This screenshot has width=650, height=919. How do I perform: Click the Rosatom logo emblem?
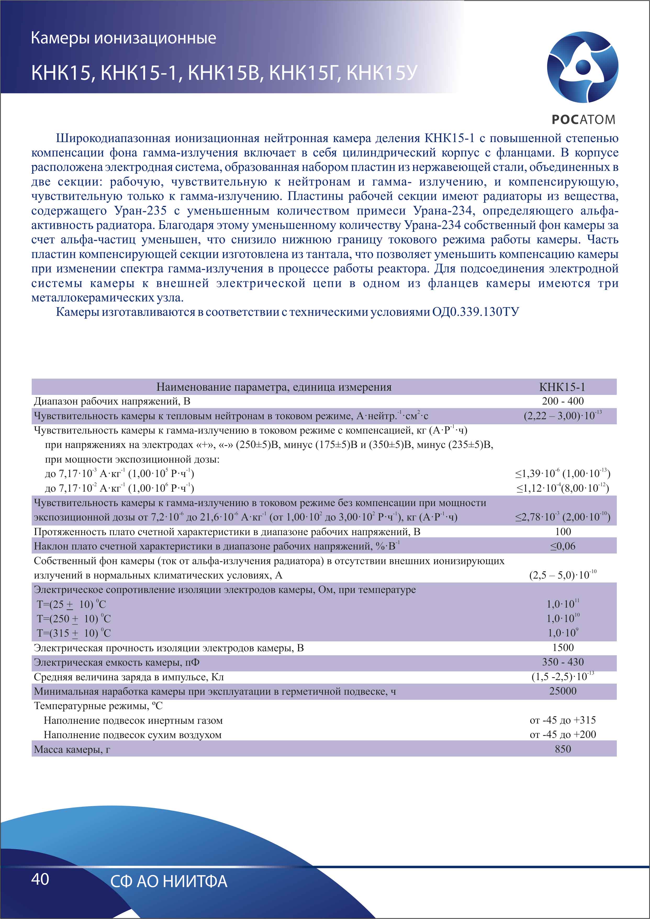coord(582,66)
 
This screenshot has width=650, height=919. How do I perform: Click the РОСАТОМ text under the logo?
coord(583,119)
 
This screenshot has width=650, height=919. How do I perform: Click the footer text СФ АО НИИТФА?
coord(169,881)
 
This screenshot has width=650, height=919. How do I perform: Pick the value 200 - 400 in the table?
coord(562,401)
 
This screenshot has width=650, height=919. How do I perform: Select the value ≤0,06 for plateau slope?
coord(562,546)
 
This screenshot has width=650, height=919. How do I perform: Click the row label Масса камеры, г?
coord(72,749)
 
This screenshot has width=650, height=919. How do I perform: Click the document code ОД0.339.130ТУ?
coord(475,312)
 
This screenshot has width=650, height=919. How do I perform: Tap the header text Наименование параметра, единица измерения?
coord(274,387)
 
